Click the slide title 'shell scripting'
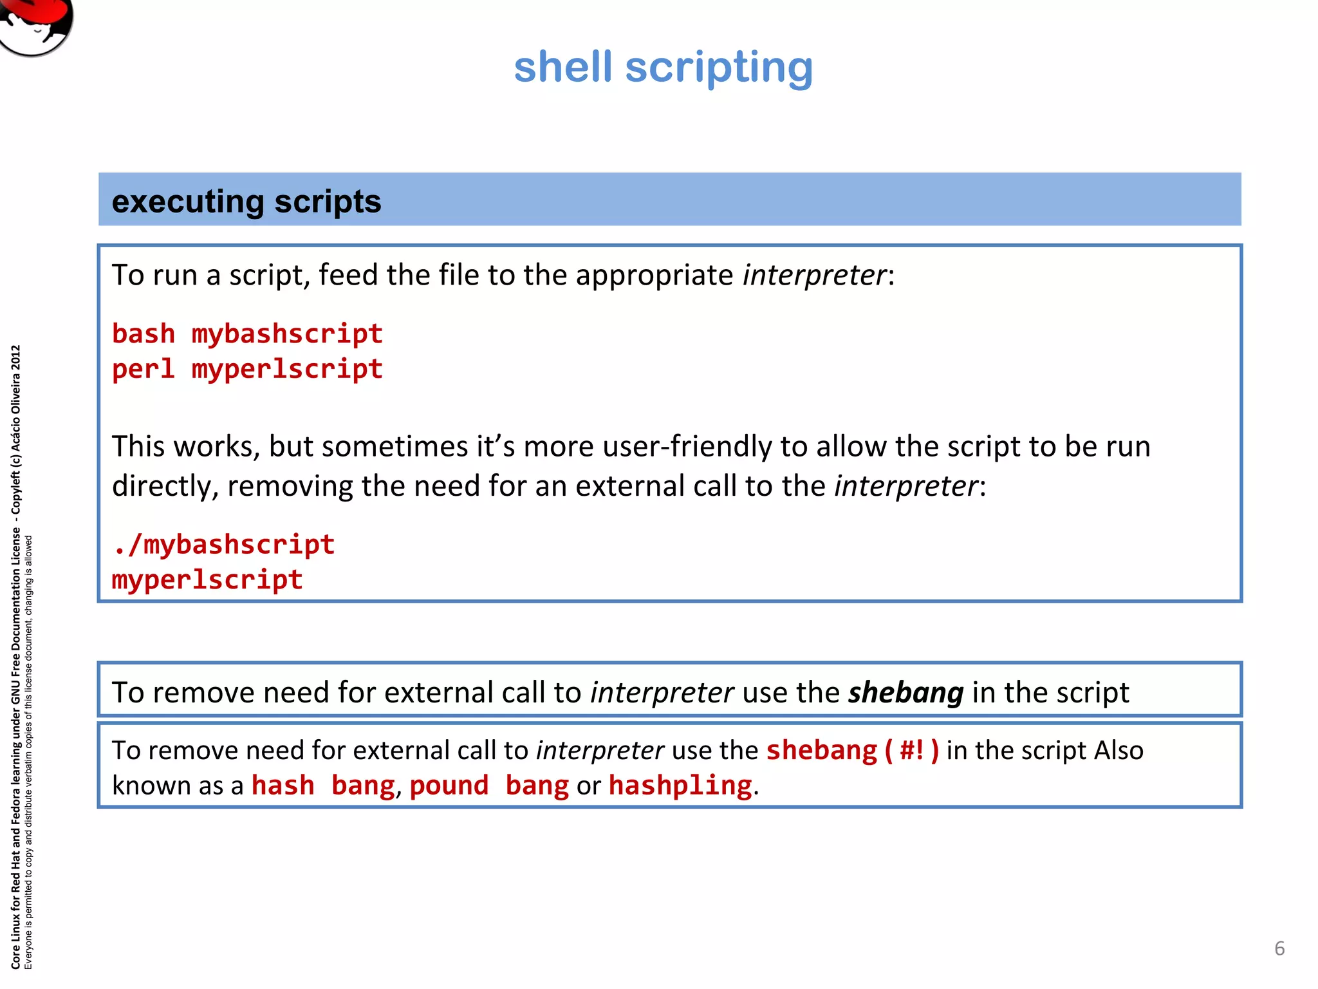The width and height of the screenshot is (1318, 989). [664, 68]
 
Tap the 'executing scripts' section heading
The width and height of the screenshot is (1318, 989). [246, 202]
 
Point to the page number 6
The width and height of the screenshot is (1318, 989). [1279, 948]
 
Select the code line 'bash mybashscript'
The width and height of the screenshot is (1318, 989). [247, 334]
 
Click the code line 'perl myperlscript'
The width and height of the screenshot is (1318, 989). [247, 370]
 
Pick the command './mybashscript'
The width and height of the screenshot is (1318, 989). [223, 545]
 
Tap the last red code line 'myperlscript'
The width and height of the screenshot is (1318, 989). [207, 579]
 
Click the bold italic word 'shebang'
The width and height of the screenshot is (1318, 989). [905, 693]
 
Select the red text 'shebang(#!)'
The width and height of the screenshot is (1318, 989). [853, 751]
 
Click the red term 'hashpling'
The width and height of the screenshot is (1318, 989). [680, 786]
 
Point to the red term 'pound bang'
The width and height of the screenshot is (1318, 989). [489, 786]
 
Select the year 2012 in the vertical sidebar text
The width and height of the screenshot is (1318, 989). [16, 358]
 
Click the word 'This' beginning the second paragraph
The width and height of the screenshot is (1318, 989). [138, 447]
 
